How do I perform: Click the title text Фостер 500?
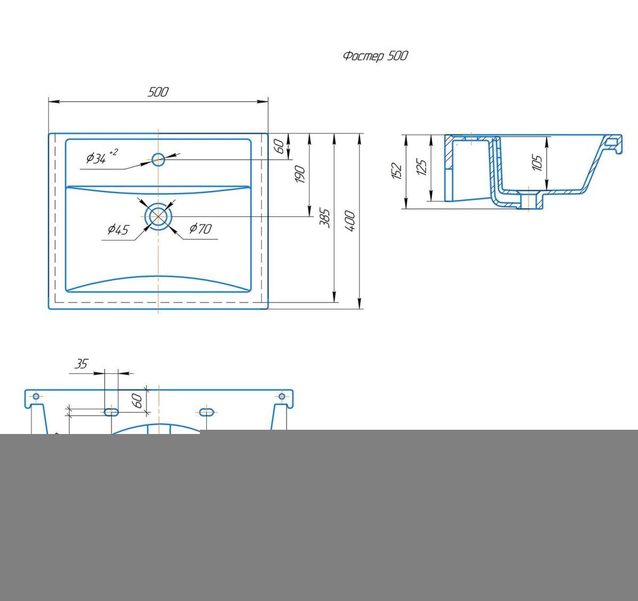point(375,56)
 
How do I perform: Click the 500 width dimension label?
point(158,92)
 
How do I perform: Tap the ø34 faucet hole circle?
point(158,159)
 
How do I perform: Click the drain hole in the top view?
point(158,216)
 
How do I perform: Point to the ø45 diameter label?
point(118,229)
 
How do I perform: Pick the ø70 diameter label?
point(200,229)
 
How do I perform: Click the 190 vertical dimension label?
point(300,174)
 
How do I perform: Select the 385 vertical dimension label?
point(325,218)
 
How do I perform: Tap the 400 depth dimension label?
point(350,221)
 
